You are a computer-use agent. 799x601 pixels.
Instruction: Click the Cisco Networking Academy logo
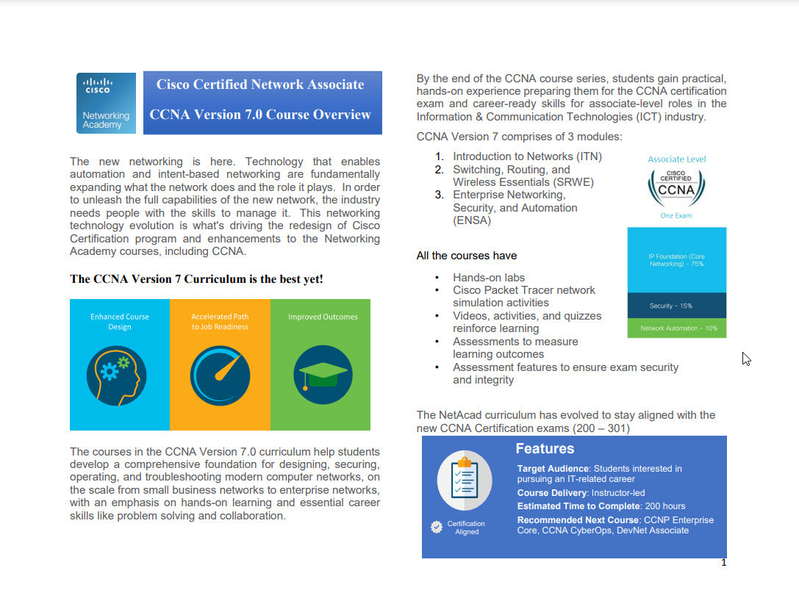(106, 103)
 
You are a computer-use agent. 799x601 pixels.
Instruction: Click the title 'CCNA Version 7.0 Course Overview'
(260, 115)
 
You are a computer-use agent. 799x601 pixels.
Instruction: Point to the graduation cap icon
(322, 374)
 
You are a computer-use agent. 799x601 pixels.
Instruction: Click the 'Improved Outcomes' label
(323, 317)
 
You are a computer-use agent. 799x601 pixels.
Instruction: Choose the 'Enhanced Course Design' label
(120, 322)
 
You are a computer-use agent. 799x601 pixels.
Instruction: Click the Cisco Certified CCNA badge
(676, 187)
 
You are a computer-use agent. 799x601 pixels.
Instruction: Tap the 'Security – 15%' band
(676, 306)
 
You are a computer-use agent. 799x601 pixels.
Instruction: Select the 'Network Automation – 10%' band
(676, 328)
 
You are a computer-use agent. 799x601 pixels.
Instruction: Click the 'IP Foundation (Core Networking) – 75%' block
(676, 260)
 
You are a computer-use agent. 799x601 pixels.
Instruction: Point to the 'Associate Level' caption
(676, 159)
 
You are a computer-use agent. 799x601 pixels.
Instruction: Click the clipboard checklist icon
(465, 478)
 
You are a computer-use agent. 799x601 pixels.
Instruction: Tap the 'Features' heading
(545, 449)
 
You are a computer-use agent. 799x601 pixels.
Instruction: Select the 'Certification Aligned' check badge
(437, 527)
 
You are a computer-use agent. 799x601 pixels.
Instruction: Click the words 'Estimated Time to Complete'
(578, 506)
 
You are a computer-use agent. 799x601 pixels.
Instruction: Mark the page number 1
(723, 563)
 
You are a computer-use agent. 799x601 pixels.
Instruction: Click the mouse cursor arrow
(745, 359)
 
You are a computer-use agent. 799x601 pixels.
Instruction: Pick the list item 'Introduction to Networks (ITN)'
(527, 156)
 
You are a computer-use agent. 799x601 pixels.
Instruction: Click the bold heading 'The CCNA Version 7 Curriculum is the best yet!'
(196, 279)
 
